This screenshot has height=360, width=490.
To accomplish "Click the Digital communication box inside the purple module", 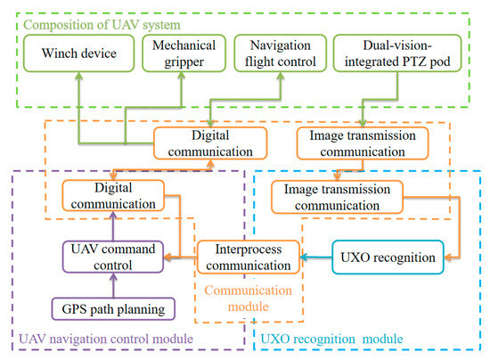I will pos(113,196).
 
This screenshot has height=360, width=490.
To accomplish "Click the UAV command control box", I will pos(114,257).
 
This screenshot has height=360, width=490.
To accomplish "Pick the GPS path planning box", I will pos(113,309).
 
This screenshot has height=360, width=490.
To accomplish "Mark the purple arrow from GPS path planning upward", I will pos(113,285).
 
